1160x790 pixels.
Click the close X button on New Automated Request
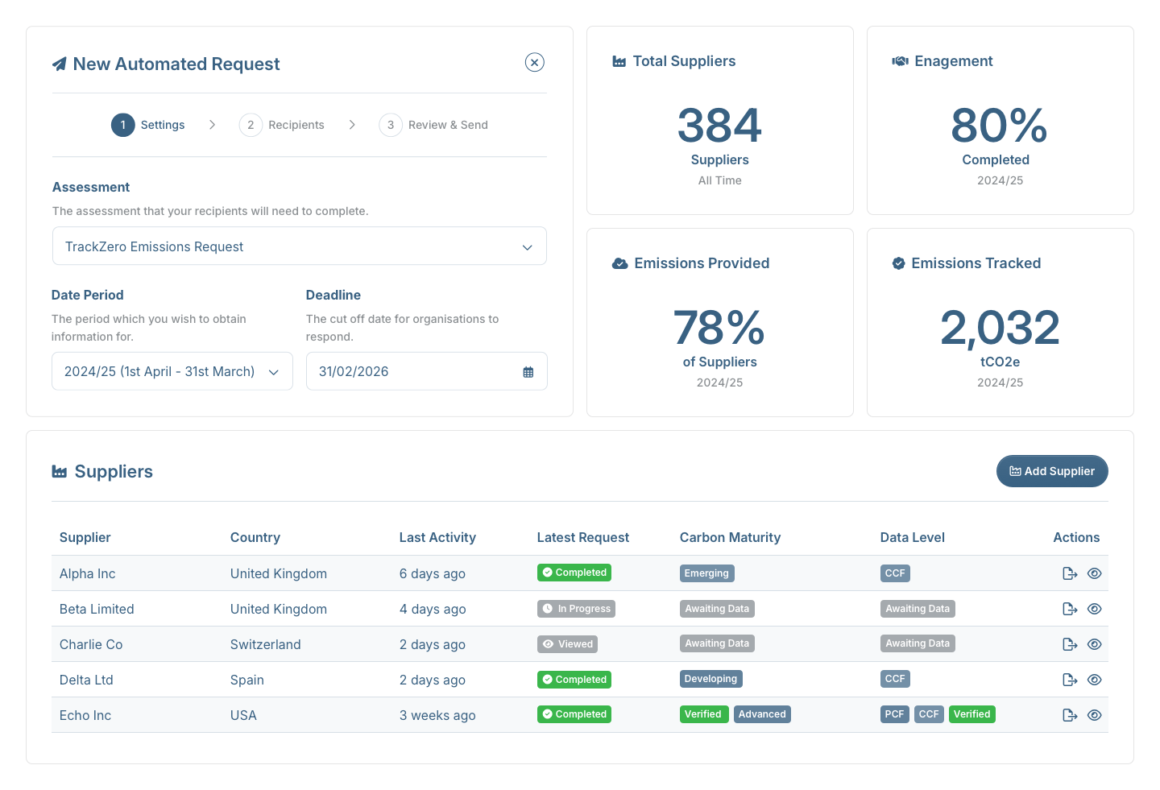(x=534, y=63)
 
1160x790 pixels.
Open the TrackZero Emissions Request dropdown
(x=299, y=246)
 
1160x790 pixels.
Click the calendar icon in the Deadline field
(x=528, y=372)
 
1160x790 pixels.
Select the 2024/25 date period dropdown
(x=172, y=371)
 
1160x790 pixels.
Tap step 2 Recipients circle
(x=251, y=125)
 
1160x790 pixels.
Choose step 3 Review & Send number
(x=391, y=125)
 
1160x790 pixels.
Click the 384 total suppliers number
(x=719, y=126)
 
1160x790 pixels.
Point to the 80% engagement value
(x=999, y=126)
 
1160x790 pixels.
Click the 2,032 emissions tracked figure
(x=1000, y=328)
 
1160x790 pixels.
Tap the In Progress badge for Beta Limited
(x=576, y=609)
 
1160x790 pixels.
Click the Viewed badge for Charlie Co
(x=567, y=644)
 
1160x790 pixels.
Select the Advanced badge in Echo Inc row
(x=761, y=714)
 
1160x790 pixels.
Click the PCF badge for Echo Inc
(x=894, y=714)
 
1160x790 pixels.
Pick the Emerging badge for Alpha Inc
(x=706, y=573)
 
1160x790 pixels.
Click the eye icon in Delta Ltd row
(x=1094, y=680)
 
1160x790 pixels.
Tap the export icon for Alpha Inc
(x=1069, y=573)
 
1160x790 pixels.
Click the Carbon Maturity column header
(x=730, y=537)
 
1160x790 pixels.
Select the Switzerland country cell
(x=265, y=644)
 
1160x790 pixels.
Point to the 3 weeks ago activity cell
(x=437, y=715)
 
